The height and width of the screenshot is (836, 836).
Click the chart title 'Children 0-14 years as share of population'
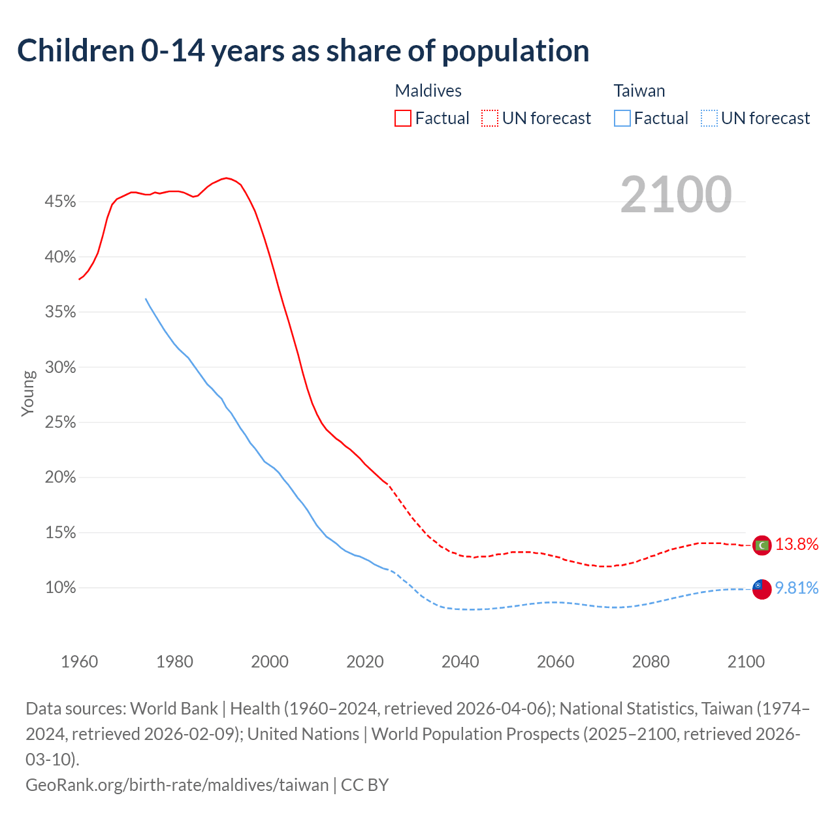pyautogui.click(x=303, y=51)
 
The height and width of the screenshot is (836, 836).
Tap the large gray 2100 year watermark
pyautogui.click(x=675, y=195)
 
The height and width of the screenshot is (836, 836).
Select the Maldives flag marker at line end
pyautogui.click(x=762, y=545)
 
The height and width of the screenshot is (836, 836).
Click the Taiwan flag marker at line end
pyautogui.click(x=762, y=588)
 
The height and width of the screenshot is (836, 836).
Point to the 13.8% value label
pyautogui.click(x=797, y=545)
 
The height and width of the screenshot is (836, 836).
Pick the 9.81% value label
pyautogui.click(x=797, y=588)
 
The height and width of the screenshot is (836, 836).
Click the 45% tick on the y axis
pyautogui.click(x=60, y=202)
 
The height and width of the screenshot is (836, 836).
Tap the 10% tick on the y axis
pyautogui.click(x=60, y=588)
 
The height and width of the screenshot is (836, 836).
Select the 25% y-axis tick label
pyautogui.click(x=60, y=423)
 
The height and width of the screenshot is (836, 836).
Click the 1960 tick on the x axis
pyautogui.click(x=80, y=662)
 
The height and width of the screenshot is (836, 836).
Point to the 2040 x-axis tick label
pyautogui.click(x=460, y=662)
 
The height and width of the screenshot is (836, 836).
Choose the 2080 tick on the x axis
pyautogui.click(x=651, y=662)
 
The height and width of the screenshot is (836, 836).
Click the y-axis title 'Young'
pyautogui.click(x=28, y=393)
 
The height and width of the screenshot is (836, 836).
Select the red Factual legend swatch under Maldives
pyautogui.click(x=403, y=118)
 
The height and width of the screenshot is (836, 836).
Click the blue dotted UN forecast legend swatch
pyautogui.click(x=709, y=118)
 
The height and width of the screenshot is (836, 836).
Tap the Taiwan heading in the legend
pyautogui.click(x=639, y=91)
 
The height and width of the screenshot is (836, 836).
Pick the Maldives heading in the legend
pyautogui.click(x=428, y=91)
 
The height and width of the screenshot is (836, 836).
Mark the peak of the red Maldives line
pyautogui.click(x=226, y=178)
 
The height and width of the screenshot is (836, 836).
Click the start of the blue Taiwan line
pyautogui.click(x=146, y=299)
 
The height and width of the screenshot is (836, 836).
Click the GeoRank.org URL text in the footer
pyautogui.click(x=177, y=784)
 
